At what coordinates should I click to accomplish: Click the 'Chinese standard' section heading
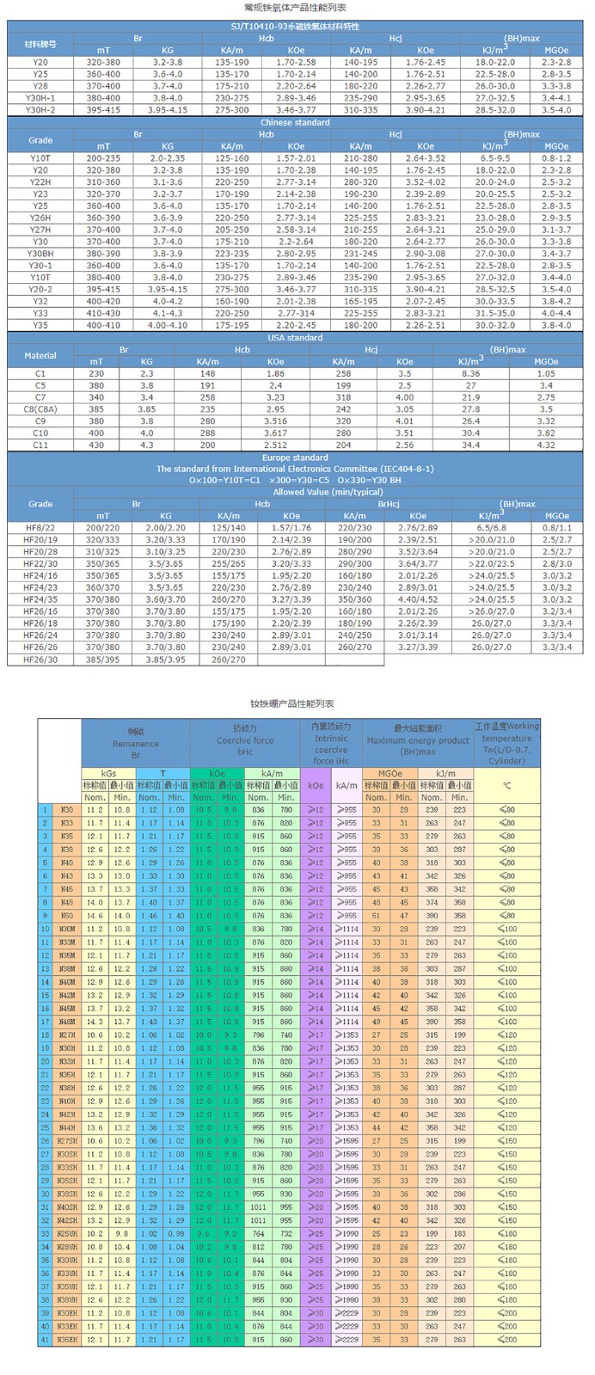pos(295,122)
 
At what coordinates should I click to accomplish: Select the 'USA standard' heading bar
pos(295,337)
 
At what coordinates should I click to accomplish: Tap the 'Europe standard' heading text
pos(295,457)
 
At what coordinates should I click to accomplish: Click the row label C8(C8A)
pos(40,409)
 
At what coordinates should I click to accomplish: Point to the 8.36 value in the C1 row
pos(470,374)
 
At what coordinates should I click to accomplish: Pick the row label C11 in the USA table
pos(40,445)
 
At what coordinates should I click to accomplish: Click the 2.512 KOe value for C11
pos(275,445)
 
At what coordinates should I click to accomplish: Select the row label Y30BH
pos(40,254)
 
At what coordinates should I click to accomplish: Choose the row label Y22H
pos(40,182)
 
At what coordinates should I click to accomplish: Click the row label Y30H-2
pos(40,110)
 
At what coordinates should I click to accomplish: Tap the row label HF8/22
pos(40,527)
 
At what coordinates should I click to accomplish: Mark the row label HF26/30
pos(40,659)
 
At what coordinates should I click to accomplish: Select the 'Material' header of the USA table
pos(40,355)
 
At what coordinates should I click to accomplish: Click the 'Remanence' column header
pos(135,744)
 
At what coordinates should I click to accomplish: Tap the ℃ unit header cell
pos(506,785)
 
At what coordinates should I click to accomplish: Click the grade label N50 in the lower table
pos(67,916)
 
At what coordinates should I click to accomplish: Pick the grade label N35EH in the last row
pos(67,1340)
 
